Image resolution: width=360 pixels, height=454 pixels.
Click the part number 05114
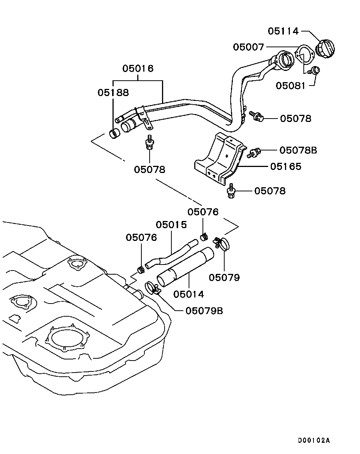coord(283,31)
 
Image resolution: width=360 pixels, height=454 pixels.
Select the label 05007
coord(249,47)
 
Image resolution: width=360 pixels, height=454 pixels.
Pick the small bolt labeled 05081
coord(314,70)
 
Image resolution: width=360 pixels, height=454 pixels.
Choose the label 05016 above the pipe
coord(138,69)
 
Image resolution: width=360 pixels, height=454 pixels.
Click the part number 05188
coord(113,92)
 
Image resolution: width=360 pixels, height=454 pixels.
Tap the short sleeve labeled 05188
coord(114,133)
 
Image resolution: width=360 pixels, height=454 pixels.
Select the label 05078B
coord(298,150)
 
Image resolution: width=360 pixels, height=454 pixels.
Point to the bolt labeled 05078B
coord(253,152)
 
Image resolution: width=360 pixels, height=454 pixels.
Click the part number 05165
coord(285,166)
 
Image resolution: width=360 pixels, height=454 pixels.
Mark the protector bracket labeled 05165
coord(219,159)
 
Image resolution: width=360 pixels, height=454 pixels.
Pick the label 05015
coord(171,225)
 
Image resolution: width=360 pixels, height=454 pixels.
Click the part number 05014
coord(189,294)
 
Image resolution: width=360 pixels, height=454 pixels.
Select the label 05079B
coord(204,311)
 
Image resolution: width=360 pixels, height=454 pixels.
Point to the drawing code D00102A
coord(314,440)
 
